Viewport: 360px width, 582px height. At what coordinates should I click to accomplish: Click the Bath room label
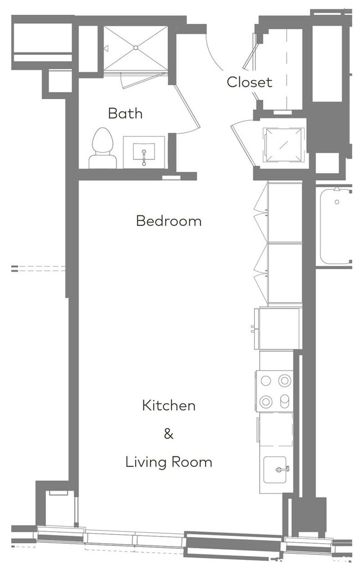point(125,114)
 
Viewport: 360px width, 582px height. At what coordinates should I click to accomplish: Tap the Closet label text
point(249,83)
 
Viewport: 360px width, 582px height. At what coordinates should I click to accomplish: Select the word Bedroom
point(168,221)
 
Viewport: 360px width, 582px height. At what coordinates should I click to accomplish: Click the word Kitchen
point(168,405)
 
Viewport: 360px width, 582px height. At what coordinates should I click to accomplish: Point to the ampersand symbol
point(168,434)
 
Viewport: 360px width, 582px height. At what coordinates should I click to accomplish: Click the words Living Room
point(168,462)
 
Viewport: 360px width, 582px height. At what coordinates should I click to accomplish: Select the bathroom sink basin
point(144,151)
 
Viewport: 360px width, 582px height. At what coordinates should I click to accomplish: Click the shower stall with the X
point(136,49)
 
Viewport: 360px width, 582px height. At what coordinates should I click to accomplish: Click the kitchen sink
point(276,470)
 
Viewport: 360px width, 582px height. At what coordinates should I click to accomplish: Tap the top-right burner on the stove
point(285,380)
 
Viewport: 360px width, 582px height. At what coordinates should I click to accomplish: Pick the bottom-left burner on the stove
point(266,401)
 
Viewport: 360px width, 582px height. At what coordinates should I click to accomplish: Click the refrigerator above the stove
point(280,329)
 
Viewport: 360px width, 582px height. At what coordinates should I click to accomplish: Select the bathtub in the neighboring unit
point(335,226)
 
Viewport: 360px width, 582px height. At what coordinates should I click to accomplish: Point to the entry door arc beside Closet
point(213,55)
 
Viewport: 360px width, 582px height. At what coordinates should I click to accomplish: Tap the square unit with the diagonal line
point(284,143)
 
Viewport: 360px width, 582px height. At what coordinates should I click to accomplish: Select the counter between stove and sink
point(276,429)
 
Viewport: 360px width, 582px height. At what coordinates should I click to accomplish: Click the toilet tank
point(102,161)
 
